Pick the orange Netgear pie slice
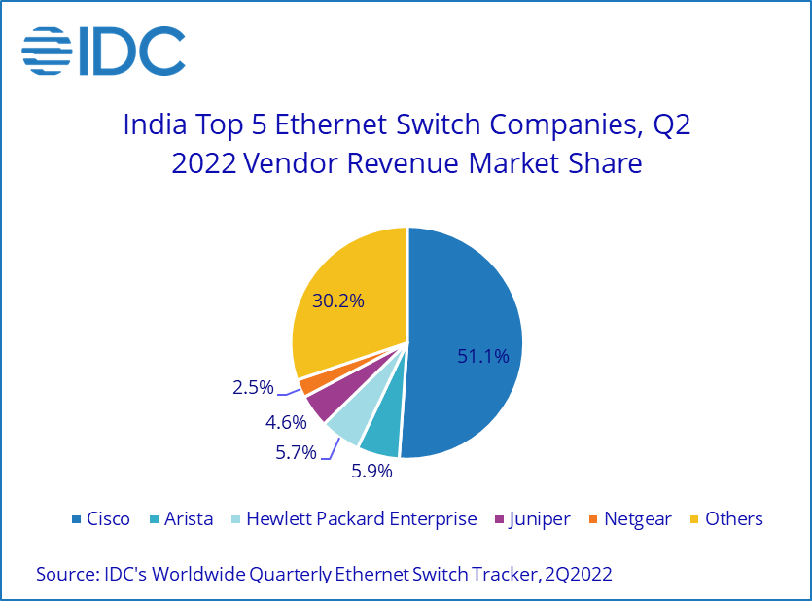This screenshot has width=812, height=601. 308,384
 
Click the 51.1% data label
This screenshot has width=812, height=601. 483,357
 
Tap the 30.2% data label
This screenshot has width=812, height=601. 337,301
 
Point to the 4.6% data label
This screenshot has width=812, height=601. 287,422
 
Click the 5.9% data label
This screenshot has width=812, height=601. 371,472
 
